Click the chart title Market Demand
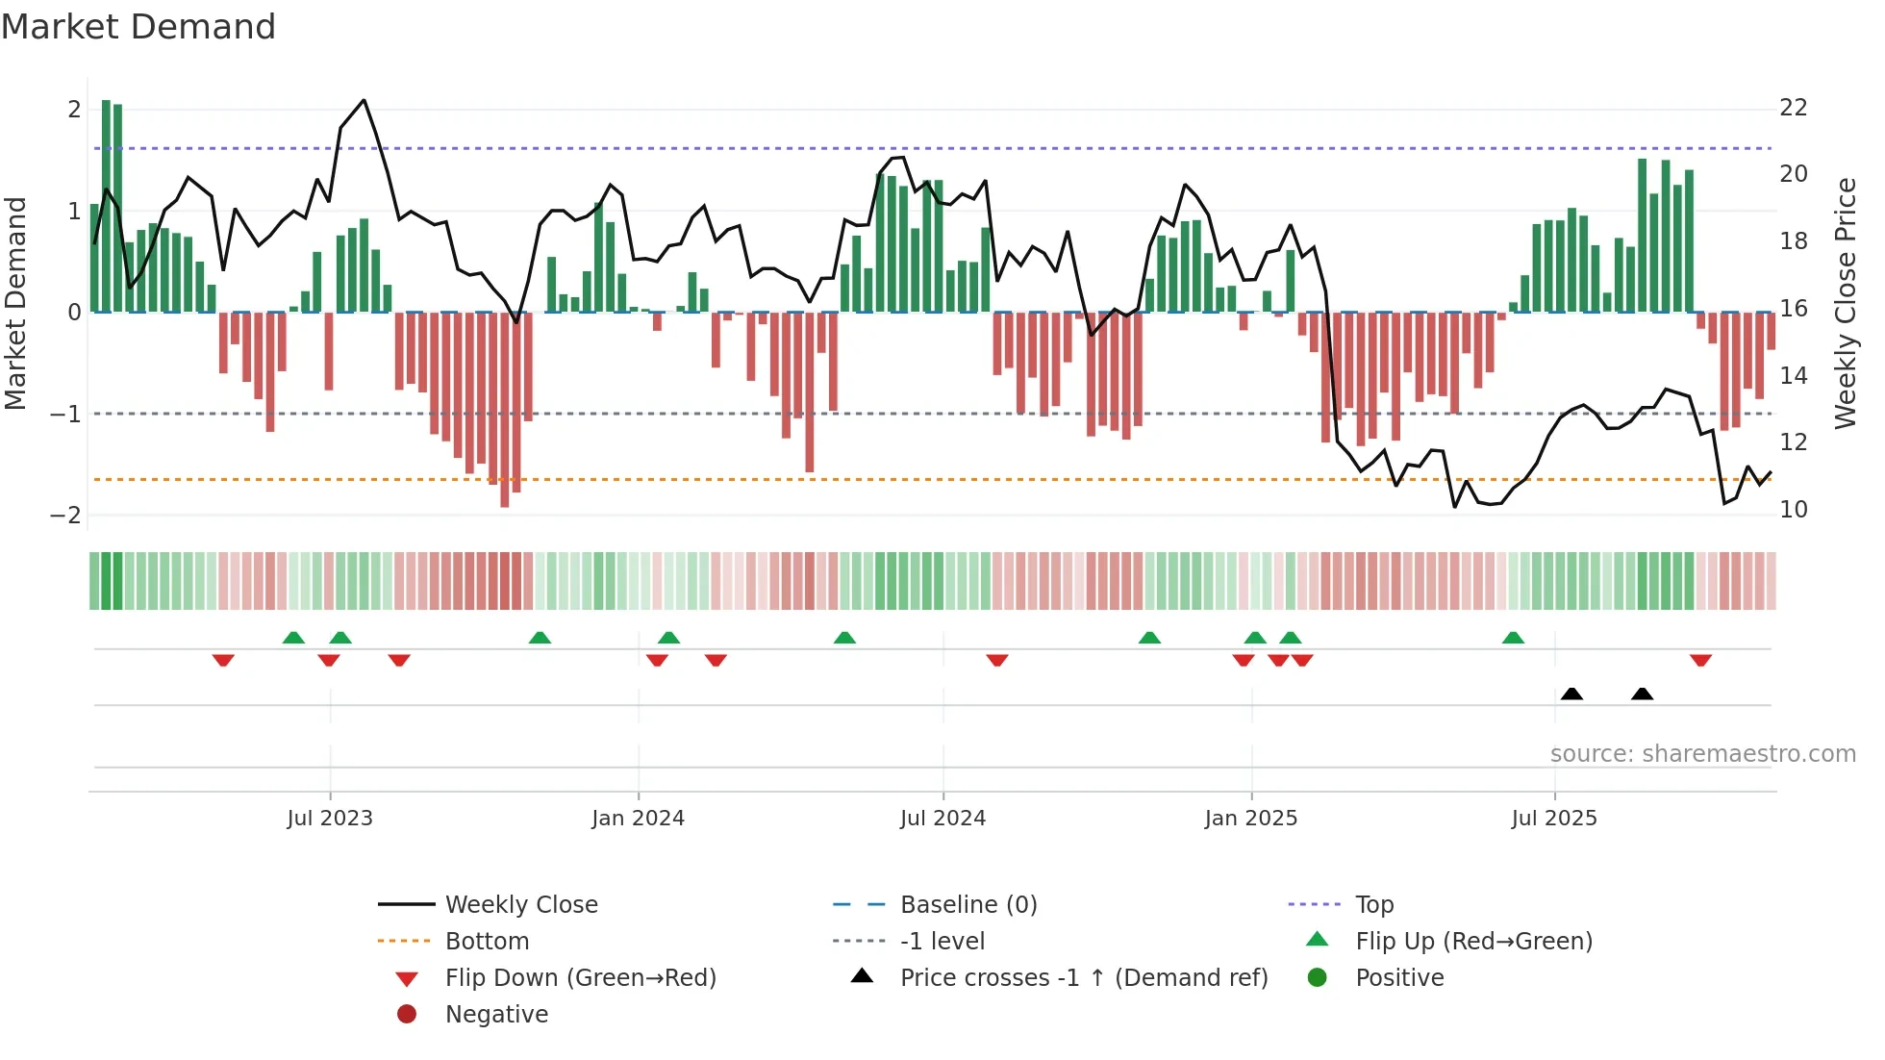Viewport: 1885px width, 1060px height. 138,26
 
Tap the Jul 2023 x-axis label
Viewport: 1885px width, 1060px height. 330,819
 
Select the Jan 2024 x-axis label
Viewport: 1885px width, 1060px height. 638,819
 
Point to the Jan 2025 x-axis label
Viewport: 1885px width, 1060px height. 1250,819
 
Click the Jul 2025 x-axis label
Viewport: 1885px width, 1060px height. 1553,819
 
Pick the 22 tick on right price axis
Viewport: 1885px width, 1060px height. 1793,108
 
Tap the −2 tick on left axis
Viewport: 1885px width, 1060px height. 65,516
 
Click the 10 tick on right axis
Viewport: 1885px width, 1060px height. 1793,510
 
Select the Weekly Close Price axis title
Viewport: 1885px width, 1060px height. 1845,303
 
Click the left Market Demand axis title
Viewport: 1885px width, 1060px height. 15,303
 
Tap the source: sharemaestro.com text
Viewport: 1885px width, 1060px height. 1702,754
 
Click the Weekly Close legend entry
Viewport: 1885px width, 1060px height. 520,905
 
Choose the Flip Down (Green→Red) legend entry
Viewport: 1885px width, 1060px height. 580,978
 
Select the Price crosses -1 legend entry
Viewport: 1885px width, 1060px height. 1083,978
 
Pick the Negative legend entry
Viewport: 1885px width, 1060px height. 496,1015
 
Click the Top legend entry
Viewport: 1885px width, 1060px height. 1373,905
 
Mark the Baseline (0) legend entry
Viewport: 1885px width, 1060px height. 968,905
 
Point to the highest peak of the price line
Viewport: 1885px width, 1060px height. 364,100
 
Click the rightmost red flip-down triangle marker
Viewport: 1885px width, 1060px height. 1700,661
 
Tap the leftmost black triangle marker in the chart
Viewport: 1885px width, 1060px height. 1571,694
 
